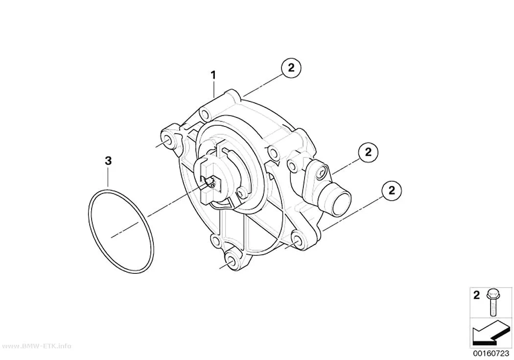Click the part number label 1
[213, 75]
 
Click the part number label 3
[108, 161]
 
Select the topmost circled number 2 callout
[291, 68]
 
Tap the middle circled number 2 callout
[369, 152]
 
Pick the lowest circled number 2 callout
[392, 190]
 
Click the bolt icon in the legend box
[492, 302]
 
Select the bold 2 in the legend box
[476, 295]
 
